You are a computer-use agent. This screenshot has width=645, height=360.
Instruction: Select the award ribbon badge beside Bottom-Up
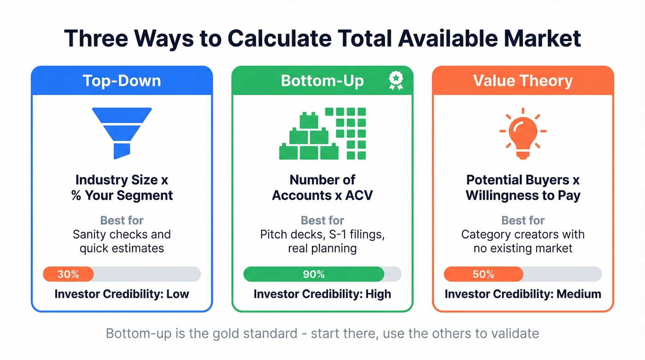coord(395,80)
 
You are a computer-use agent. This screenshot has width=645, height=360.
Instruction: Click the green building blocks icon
coord(322,134)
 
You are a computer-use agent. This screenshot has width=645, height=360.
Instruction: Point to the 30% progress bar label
coord(68,274)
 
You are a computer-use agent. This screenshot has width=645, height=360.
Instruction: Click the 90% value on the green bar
coord(314,274)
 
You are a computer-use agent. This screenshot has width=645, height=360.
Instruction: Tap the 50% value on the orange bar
coord(484,274)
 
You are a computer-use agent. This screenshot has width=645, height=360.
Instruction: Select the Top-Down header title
coord(122,81)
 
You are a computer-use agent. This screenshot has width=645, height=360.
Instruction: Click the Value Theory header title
coord(523,81)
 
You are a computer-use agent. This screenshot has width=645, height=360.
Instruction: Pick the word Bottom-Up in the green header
coord(322,81)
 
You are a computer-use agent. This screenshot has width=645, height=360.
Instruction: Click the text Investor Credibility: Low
coord(122,294)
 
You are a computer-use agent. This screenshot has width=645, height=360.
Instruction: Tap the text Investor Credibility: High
coord(322,294)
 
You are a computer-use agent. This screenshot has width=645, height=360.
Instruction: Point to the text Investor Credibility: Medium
coord(523,294)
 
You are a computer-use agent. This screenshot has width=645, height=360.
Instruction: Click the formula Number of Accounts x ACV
coord(322,188)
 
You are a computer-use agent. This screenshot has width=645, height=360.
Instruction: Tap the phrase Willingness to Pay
coord(523,195)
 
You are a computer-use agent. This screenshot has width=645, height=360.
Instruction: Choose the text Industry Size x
coord(122,180)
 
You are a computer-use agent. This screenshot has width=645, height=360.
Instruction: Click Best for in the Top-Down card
coord(122,220)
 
